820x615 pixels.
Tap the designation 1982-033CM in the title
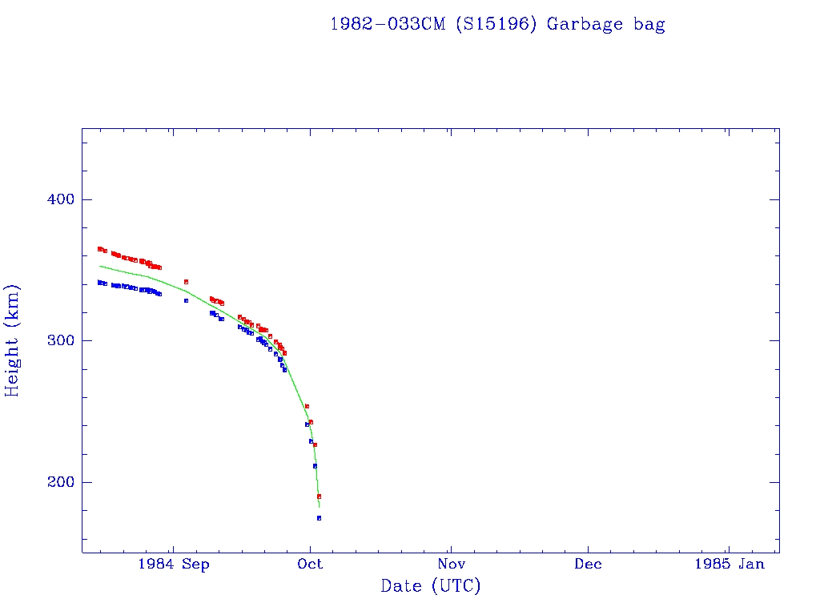pyautogui.click(x=388, y=24)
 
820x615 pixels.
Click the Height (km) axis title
pyautogui.click(x=13, y=340)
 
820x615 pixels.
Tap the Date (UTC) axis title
pyautogui.click(x=431, y=586)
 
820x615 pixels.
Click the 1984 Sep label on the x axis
pyautogui.click(x=173, y=564)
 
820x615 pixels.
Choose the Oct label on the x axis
pyautogui.click(x=310, y=564)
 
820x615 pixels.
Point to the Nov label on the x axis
pyautogui.click(x=451, y=564)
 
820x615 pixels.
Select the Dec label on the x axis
pyautogui.click(x=588, y=564)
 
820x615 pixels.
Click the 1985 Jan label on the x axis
pyautogui.click(x=729, y=564)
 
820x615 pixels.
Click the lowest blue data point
pyautogui.click(x=319, y=518)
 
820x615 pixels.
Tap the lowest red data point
pyautogui.click(x=319, y=496)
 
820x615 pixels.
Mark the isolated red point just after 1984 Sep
pyautogui.click(x=186, y=282)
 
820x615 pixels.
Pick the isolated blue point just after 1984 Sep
pyautogui.click(x=186, y=300)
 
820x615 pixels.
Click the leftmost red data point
pyautogui.click(x=99, y=249)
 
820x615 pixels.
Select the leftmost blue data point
pyautogui.click(x=99, y=282)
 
